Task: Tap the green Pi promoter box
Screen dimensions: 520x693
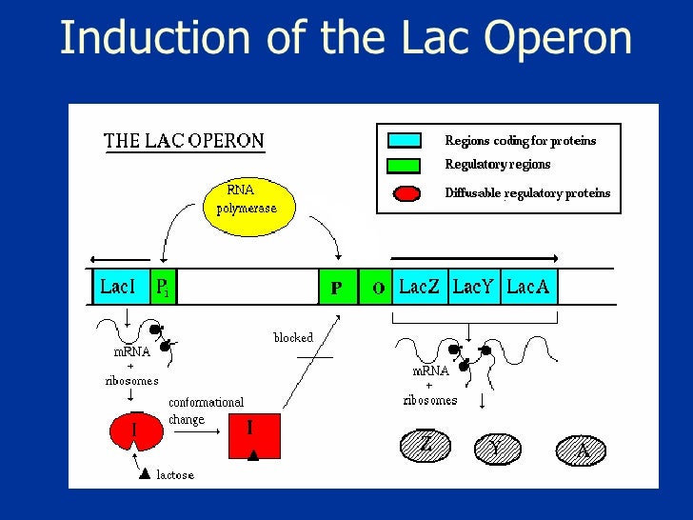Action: click(164, 287)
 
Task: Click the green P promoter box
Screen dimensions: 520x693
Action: click(337, 287)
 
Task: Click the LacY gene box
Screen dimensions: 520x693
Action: click(473, 287)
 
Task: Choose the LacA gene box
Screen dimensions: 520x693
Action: click(528, 287)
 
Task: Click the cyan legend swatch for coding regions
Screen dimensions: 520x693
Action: click(404, 141)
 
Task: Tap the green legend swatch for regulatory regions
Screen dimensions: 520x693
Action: click(404, 165)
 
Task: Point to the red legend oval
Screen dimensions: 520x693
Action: click(405, 193)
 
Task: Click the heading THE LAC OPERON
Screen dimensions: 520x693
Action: click(184, 142)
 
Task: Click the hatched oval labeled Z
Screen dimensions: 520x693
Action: click(426, 445)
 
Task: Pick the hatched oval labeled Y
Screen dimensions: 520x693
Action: click(494, 448)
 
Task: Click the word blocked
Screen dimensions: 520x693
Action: click(293, 337)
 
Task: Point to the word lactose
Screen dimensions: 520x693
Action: click(175, 473)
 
